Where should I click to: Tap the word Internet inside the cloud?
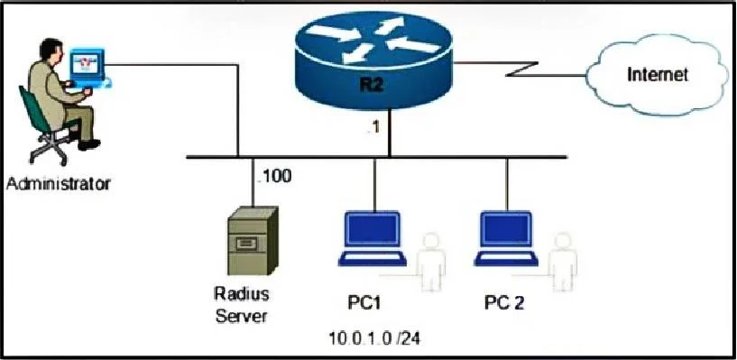coord(658,75)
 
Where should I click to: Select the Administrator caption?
coord(59,183)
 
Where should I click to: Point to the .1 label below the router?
coord(373,128)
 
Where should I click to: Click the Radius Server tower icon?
coord(253,241)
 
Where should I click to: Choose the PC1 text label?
coord(364,303)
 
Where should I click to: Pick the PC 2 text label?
coord(504,303)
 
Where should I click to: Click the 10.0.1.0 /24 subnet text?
coord(373,338)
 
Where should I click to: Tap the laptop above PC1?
coord(373,239)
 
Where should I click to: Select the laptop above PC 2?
coord(506,239)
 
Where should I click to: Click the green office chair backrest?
coord(32,109)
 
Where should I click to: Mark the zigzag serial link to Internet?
coord(520,69)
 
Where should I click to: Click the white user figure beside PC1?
coord(431,263)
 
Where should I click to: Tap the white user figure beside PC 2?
coord(563,263)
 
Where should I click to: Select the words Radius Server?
coord(241,305)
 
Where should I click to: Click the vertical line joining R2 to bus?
coord(390,133)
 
